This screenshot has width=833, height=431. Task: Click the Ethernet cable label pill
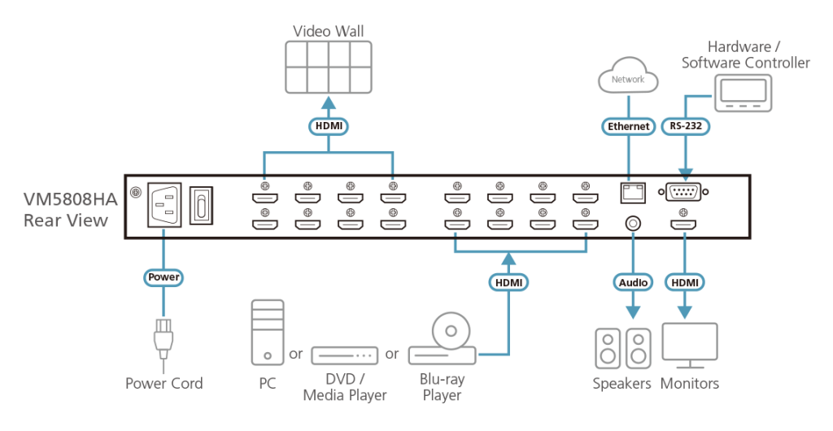click(x=627, y=127)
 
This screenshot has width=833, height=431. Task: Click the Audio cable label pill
click(x=630, y=281)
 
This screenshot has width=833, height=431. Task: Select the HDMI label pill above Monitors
click(x=686, y=281)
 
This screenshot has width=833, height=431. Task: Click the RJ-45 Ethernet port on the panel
click(x=630, y=192)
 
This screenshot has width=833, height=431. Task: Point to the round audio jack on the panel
click(x=630, y=221)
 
